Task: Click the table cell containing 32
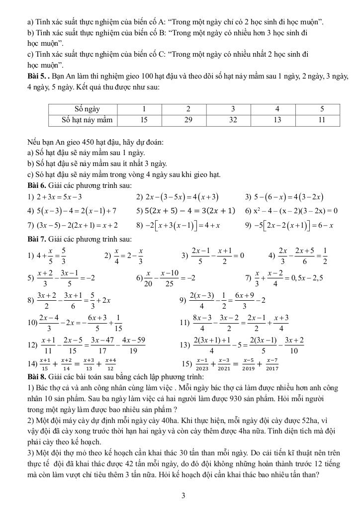[x=233, y=119]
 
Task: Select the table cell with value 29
[x=188, y=119]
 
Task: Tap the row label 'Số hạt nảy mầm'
[x=87, y=119]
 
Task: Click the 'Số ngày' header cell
[x=87, y=109]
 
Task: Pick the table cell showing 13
[x=277, y=119]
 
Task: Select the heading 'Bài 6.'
[x=38, y=185]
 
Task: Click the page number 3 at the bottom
[x=183, y=495]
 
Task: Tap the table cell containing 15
[x=144, y=119]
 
